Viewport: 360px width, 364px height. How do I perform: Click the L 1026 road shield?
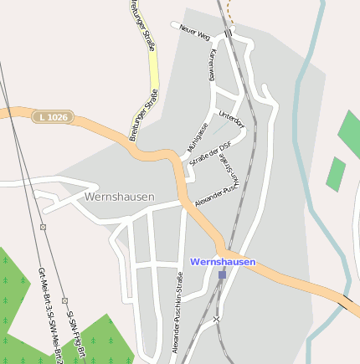53,118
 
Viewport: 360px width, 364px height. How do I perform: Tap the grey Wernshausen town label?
119,197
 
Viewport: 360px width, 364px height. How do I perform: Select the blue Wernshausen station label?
223,262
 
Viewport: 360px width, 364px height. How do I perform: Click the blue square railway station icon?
222,274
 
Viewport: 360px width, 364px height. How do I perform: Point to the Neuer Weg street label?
193,28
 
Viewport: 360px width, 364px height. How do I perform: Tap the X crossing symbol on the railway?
216,319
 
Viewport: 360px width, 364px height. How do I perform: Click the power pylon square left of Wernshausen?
42,226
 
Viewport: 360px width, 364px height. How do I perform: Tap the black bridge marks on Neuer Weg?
228,33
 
